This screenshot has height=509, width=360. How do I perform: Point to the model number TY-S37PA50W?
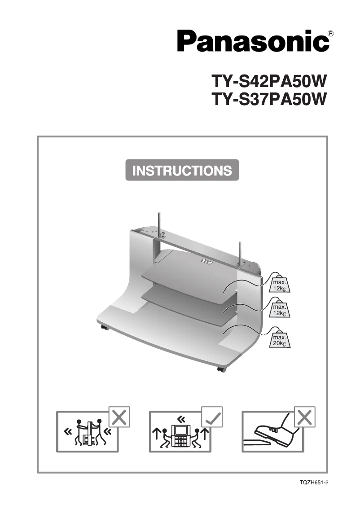point(268,99)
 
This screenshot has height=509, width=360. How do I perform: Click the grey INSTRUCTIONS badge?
point(182,171)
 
